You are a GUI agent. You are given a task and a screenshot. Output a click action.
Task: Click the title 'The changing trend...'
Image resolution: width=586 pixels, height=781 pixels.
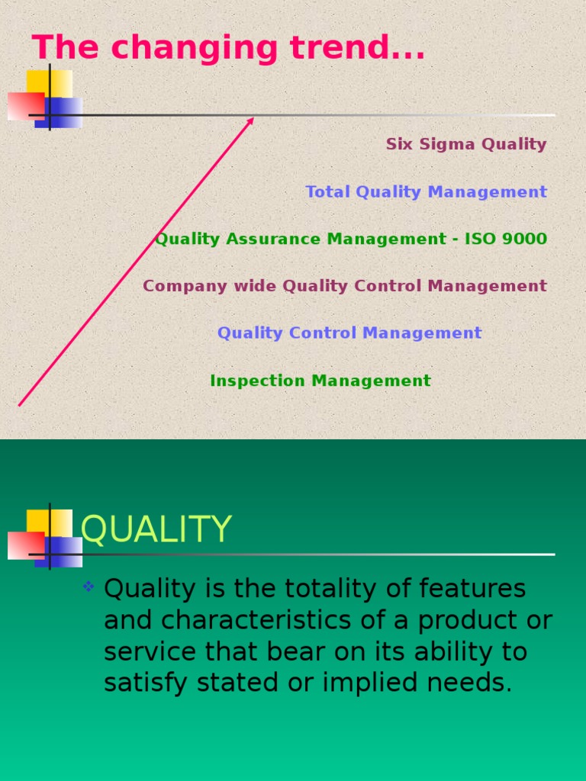pyautogui.click(x=228, y=48)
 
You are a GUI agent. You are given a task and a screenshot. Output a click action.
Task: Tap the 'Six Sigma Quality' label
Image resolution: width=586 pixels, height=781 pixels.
pyautogui.click(x=465, y=144)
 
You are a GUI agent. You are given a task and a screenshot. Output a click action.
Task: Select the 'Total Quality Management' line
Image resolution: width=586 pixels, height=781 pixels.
pyautogui.click(x=426, y=192)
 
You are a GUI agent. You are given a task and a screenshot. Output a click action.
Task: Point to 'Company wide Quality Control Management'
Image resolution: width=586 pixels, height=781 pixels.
pyautogui.click(x=344, y=287)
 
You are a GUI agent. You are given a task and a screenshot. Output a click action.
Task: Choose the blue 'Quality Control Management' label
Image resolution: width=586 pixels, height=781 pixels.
pyautogui.click(x=349, y=333)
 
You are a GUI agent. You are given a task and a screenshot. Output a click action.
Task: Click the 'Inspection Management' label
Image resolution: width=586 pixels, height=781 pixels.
pyautogui.click(x=320, y=381)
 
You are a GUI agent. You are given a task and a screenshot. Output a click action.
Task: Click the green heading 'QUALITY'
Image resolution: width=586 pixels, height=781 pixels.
pyautogui.click(x=156, y=529)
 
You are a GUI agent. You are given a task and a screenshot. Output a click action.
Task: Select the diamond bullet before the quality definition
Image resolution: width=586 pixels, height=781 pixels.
pyautogui.click(x=89, y=587)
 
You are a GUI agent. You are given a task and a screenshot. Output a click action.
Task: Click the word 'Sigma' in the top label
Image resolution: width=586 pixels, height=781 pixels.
pyautogui.click(x=439, y=144)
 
